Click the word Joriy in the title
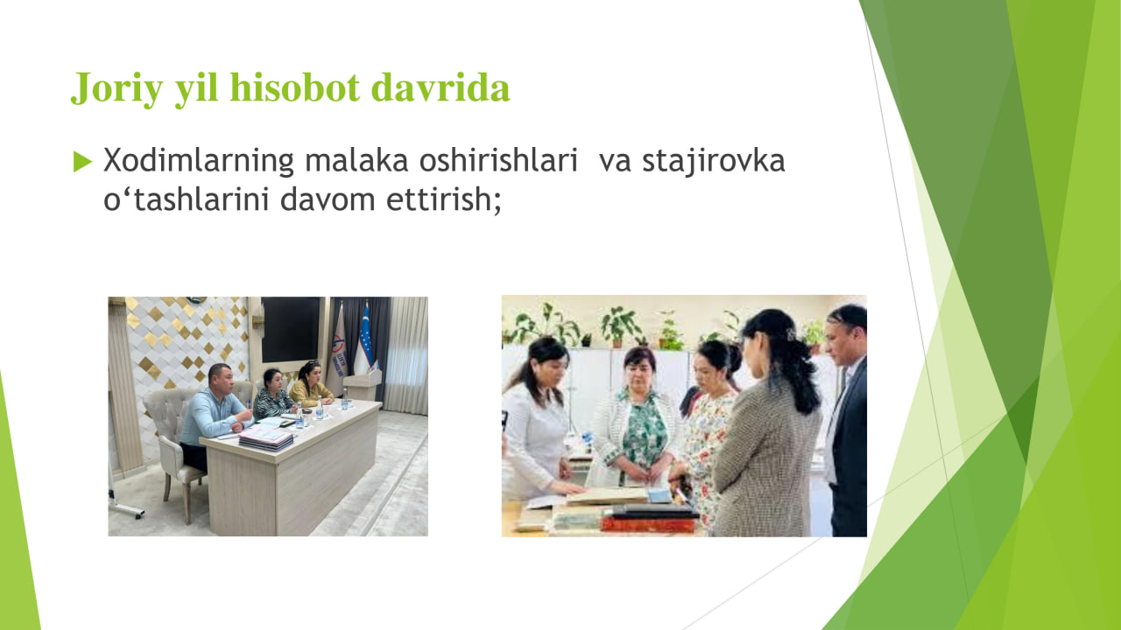click(x=117, y=88)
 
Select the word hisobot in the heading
click(x=295, y=87)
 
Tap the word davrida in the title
click(x=441, y=87)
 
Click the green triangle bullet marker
click(x=82, y=162)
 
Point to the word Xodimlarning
click(x=198, y=162)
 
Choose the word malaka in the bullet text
click(x=356, y=161)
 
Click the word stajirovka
click(x=714, y=162)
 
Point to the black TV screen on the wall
click(x=290, y=330)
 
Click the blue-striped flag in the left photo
click(x=363, y=341)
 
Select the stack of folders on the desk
click(x=265, y=438)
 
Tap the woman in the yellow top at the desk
click(x=310, y=384)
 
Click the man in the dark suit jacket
click(x=847, y=420)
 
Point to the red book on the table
click(x=648, y=524)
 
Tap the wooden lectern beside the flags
click(x=362, y=384)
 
